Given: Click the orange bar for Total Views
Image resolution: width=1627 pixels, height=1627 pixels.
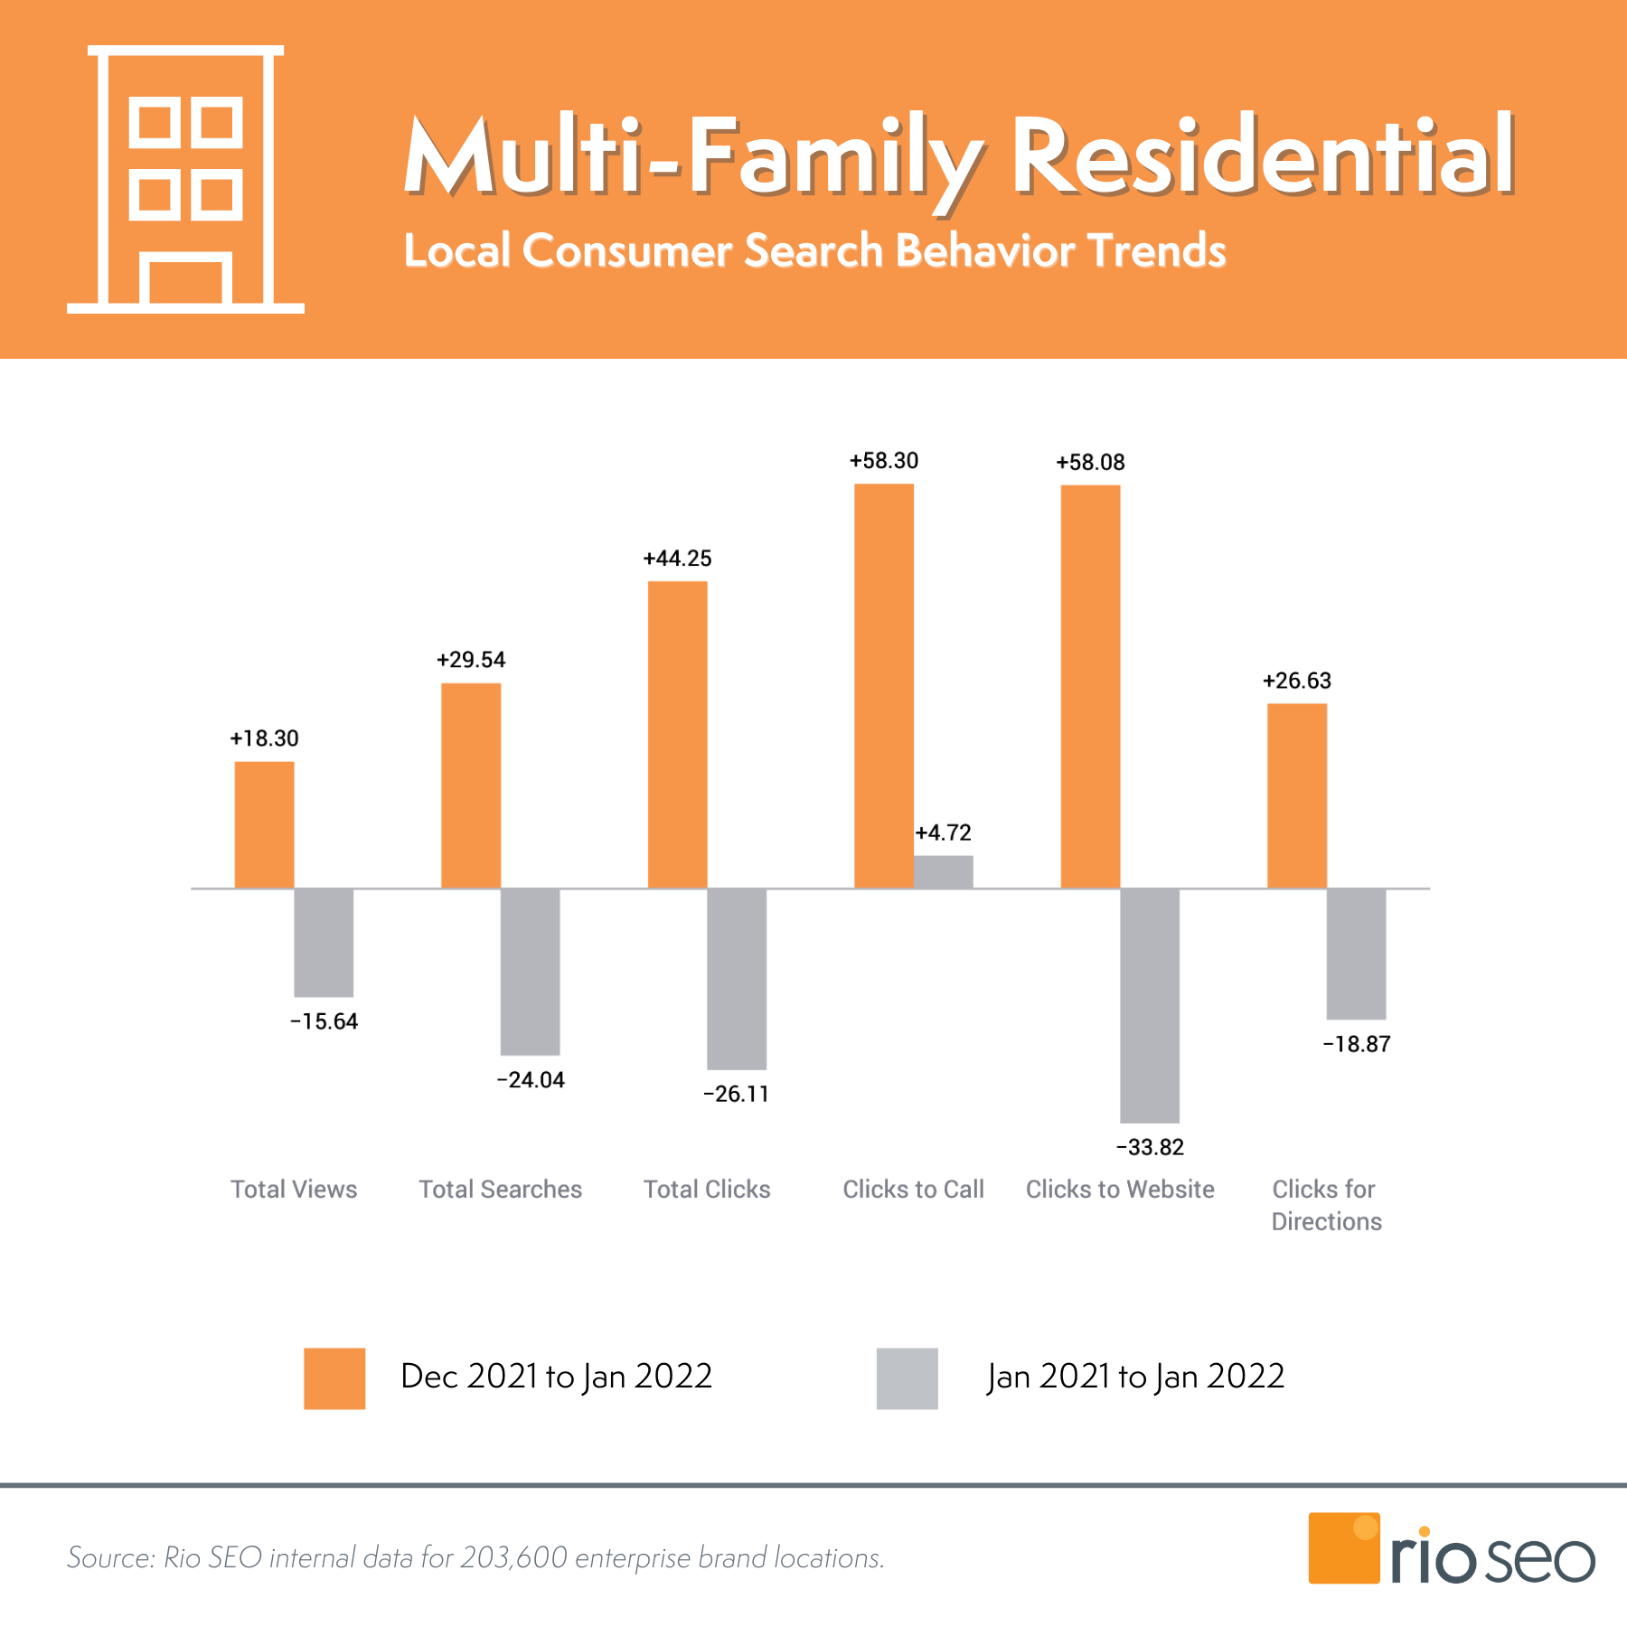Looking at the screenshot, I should (x=264, y=824).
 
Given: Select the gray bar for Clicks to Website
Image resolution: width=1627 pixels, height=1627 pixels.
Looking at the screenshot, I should (x=1149, y=1005).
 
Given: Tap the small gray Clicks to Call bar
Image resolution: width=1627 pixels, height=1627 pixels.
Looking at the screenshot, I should (x=943, y=871).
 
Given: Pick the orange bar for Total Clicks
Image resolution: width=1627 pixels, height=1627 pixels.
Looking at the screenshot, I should (x=677, y=734).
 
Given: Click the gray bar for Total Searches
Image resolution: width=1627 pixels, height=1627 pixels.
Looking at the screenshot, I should (x=530, y=972).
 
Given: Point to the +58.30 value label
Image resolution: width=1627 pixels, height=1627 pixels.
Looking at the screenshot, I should (x=883, y=461).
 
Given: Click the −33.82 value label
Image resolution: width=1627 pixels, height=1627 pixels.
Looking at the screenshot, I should (x=1150, y=1147).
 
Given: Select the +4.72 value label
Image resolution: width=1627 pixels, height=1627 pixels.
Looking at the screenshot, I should (x=943, y=832).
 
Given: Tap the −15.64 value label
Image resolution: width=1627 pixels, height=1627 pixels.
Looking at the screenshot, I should (x=324, y=1021).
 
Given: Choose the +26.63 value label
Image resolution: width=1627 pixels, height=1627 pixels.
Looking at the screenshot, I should (x=1296, y=681).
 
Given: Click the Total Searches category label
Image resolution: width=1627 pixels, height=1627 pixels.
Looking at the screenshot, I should (x=500, y=1190).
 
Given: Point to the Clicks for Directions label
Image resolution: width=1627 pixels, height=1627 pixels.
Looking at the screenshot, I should (x=1326, y=1206).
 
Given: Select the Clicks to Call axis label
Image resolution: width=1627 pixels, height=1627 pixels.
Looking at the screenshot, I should (x=913, y=1190).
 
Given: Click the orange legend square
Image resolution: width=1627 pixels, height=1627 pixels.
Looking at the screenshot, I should (x=334, y=1378).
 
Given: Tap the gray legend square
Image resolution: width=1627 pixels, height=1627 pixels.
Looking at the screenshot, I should (x=907, y=1378).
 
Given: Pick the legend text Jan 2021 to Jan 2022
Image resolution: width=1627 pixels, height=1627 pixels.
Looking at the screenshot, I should (x=1135, y=1377).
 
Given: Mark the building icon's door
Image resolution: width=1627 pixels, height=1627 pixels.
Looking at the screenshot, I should (x=185, y=281).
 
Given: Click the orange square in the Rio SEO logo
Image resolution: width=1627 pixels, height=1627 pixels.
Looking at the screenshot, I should (x=1343, y=1548).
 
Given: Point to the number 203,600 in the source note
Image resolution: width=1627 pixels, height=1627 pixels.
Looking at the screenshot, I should (x=513, y=1558).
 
